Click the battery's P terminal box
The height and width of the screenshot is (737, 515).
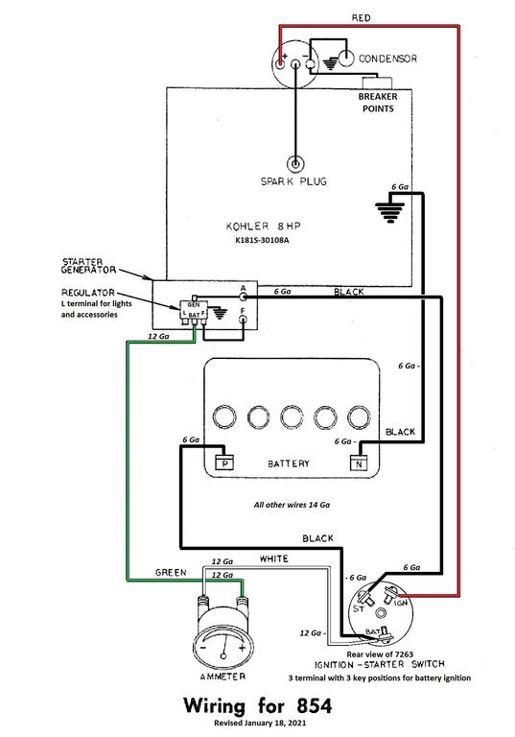click(x=225, y=463)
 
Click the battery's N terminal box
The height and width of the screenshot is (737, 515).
click(x=359, y=464)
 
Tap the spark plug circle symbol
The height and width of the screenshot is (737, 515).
click(x=295, y=164)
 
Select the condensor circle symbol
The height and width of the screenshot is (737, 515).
click(x=346, y=59)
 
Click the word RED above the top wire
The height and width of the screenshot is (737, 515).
click(x=361, y=18)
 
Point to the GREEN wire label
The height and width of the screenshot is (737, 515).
click(x=171, y=573)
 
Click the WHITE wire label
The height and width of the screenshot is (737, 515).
click(x=274, y=559)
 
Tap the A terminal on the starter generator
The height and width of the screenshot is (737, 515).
click(x=243, y=297)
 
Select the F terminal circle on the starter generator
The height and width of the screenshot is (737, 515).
click(x=243, y=321)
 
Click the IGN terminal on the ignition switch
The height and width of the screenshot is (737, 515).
click(x=389, y=597)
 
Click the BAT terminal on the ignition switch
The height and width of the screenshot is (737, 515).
click(x=384, y=635)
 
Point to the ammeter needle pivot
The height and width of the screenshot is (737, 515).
click(x=223, y=655)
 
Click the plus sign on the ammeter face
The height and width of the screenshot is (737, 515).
click(x=242, y=648)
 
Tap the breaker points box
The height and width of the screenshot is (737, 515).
click(x=377, y=83)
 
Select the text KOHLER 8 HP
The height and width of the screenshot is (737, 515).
click(x=263, y=226)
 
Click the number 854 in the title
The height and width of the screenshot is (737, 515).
click(x=314, y=706)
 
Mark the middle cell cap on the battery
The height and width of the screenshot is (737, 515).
click(x=292, y=416)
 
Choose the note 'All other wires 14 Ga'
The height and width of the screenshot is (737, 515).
click(x=292, y=505)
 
